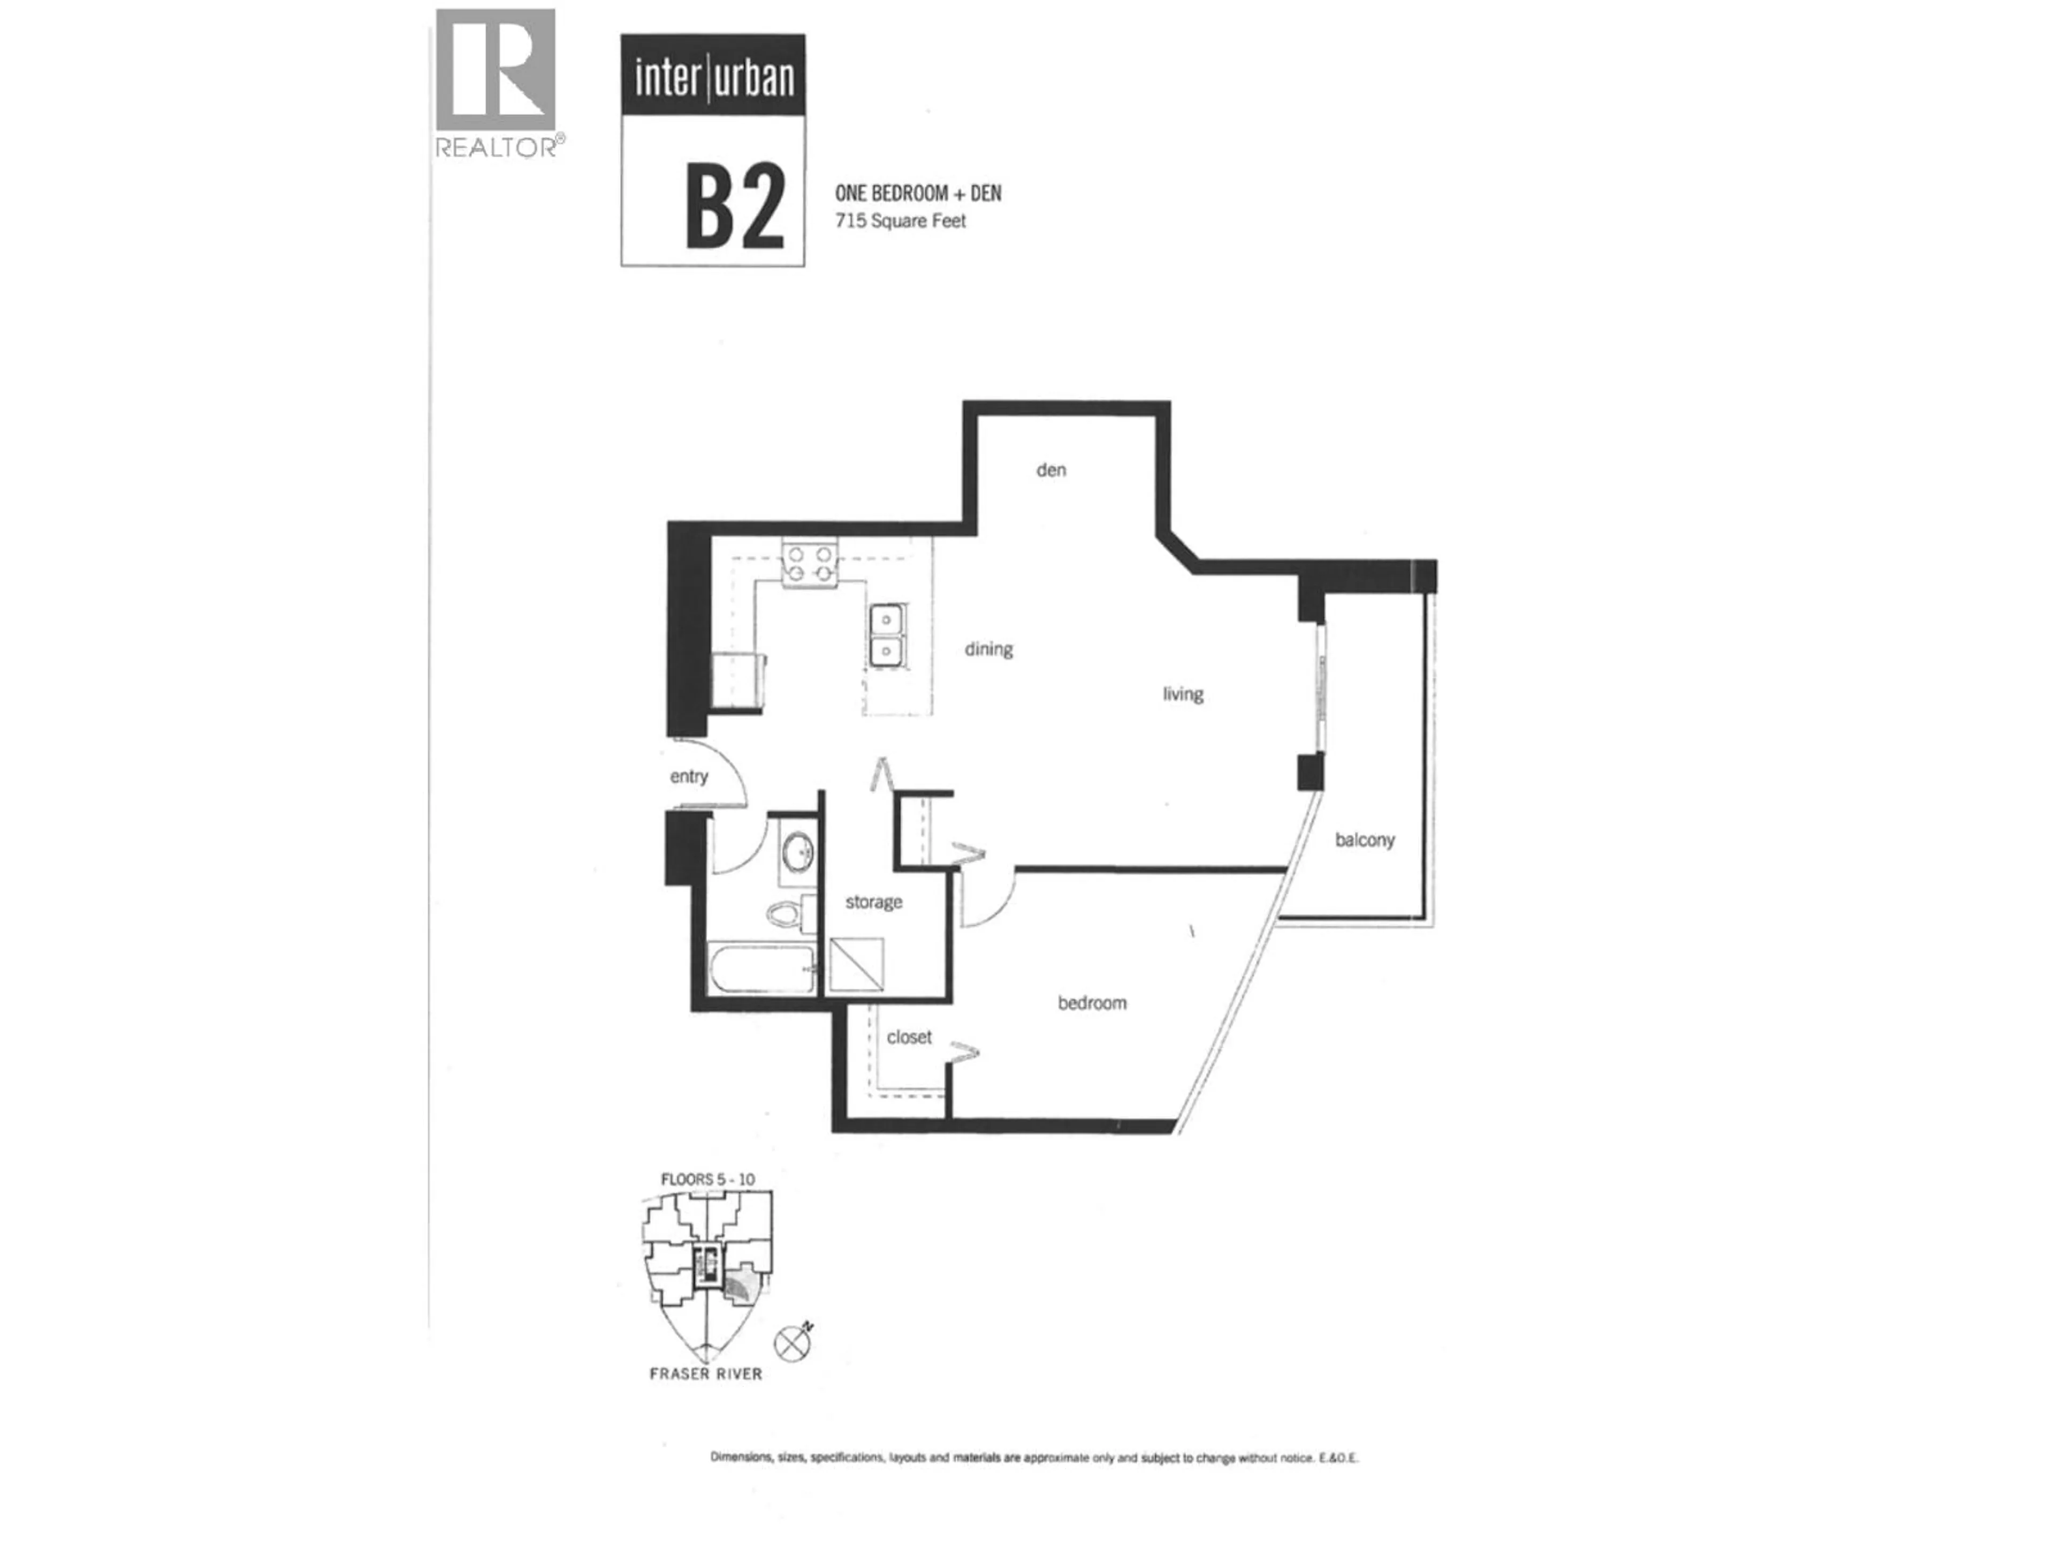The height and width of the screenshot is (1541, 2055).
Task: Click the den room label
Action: point(1051,470)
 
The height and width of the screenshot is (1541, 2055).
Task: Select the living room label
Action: point(1183,694)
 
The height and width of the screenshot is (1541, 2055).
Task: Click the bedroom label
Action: point(1092,1003)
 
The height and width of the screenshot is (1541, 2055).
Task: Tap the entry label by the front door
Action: point(688,776)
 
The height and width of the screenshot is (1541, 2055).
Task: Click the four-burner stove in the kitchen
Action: point(809,564)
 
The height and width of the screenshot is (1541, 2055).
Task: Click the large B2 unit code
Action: point(734,206)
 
